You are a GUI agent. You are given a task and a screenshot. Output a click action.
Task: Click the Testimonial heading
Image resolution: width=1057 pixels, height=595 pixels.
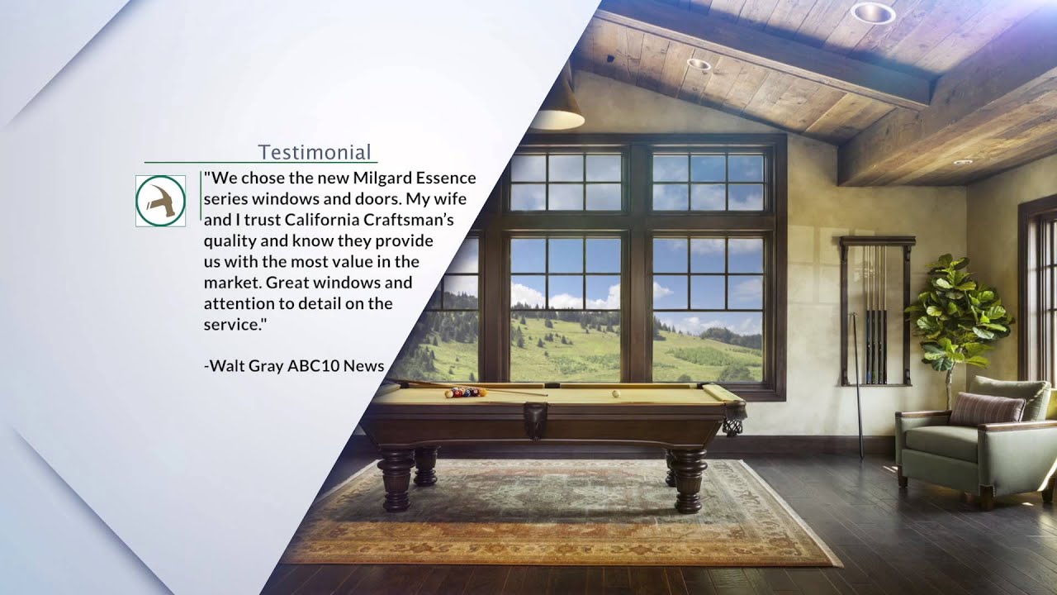[314, 152]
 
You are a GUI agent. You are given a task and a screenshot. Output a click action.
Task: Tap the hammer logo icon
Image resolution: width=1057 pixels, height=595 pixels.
[160, 201]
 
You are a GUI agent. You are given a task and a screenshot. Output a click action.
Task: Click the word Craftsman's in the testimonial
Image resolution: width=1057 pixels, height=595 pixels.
[416, 220]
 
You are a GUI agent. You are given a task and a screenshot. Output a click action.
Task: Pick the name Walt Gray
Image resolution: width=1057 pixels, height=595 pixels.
[246, 365]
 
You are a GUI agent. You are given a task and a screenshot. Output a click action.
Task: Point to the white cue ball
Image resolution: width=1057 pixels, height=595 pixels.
[615, 393]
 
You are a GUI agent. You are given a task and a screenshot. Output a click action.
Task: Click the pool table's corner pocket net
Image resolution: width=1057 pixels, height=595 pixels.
[732, 426]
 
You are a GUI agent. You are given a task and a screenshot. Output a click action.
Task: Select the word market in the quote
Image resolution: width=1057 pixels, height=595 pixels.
[233, 283]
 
